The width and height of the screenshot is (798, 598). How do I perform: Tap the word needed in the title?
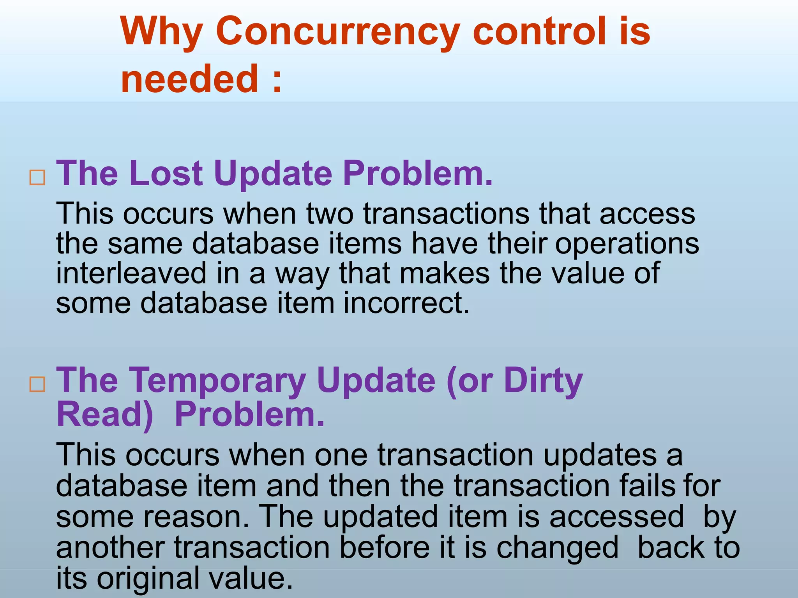[x=189, y=79]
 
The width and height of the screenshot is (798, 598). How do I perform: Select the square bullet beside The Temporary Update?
[x=37, y=385]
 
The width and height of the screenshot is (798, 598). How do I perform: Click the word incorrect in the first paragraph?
[x=406, y=303]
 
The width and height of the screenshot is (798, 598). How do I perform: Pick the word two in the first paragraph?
[x=330, y=214]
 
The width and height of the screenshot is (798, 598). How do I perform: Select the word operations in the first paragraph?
[x=627, y=244]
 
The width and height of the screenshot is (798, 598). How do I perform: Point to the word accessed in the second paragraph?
[x=616, y=516]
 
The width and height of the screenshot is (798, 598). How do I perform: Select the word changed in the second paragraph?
[x=557, y=548]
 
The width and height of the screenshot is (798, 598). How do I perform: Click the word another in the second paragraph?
[x=110, y=548]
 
